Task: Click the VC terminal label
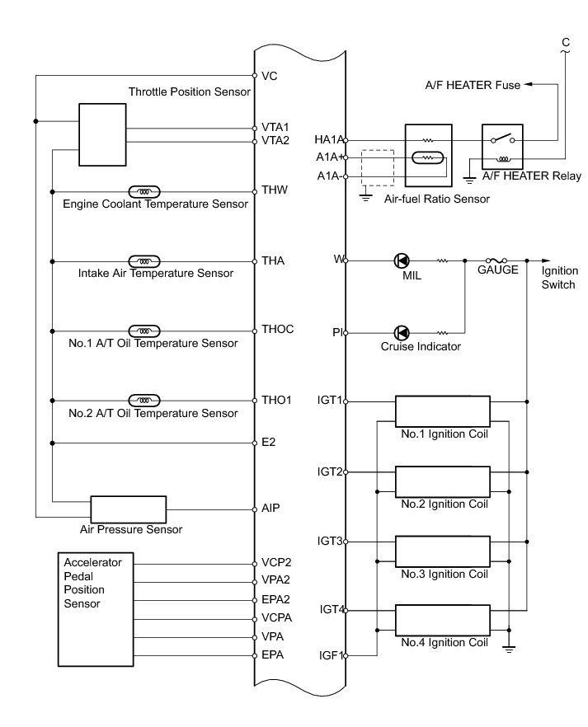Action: tap(269, 76)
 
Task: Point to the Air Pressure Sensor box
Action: tap(128, 509)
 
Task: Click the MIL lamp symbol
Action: tap(402, 260)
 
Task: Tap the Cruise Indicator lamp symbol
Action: tap(402, 333)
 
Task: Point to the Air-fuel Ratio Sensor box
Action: tap(428, 155)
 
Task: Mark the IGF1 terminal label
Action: tap(330, 656)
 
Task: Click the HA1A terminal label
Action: tap(328, 139)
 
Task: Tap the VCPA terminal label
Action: tap(275, 617)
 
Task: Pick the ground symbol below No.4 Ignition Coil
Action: tap(509, 649)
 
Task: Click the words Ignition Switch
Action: tap(560, 278)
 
